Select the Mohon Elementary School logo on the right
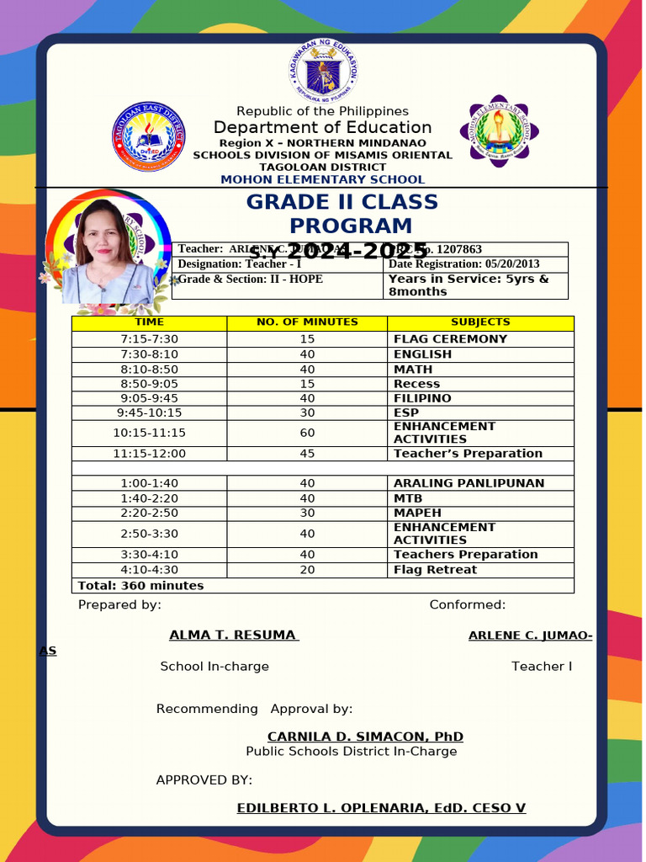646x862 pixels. coord(500,131)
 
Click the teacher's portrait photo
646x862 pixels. coord(105,252)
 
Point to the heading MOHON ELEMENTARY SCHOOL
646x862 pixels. coord(322,179)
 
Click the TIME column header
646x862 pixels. coord(149,322)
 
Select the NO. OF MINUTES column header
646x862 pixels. coord(307,322)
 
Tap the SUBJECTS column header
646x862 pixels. coord(480,322)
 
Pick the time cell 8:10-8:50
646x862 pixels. coord(149,370)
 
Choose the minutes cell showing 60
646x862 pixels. coord(307,433)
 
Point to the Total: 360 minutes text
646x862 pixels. coord(140,586)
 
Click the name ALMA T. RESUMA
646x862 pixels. coord(233,636)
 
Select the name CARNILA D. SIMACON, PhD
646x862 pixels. coord(365,737)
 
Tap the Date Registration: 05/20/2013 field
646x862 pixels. coord(463,264)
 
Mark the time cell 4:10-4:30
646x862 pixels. coord(149,570)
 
